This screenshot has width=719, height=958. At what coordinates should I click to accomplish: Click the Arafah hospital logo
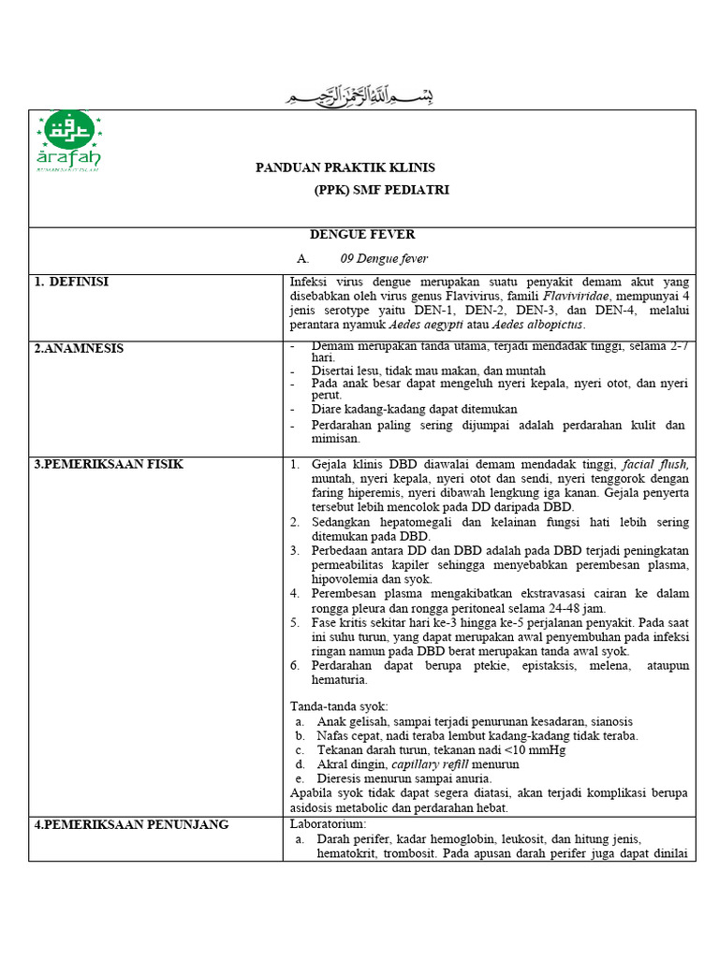[68, 141]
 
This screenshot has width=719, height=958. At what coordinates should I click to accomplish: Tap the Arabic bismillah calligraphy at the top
[360, 96]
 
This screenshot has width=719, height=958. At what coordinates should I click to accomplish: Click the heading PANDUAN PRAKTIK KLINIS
[345, 167]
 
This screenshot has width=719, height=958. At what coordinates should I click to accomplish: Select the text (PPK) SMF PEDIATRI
[382, 190]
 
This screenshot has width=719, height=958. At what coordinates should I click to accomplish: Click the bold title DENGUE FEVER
[362, 235]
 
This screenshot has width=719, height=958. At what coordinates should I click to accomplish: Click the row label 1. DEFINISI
[72, 282]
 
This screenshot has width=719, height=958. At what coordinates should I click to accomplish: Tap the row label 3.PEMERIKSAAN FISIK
[109, 464]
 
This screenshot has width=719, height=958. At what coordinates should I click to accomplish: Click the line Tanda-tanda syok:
[339, 706]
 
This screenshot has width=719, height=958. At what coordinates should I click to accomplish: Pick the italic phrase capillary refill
[427, 764]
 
